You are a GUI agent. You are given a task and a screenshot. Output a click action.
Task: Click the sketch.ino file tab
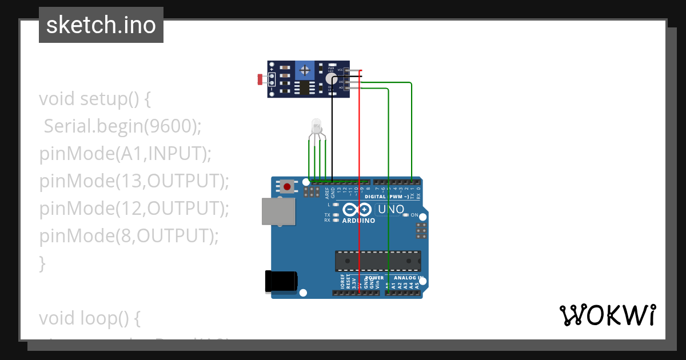pyautogui.click(x=101, y=25)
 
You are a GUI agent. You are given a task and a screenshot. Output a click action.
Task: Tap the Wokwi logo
pyautogui.click(x=607, y=315)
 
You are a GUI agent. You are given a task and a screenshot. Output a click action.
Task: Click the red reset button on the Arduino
pyautogui.click(x=287, y=186)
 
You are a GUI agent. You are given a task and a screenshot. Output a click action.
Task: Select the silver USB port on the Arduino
pyautogui.click(x=279, y=211)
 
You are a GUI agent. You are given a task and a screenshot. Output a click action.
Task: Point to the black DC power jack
pyautogui.click(x=281, y=282)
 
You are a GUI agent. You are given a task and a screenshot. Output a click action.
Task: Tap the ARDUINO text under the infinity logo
pyautogui.click(x=358, y=221)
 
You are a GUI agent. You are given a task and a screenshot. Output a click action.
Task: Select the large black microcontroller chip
pyautogui.click(x=378, y=261)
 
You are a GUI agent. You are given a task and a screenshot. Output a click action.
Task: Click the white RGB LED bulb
pyautogui.click(x=316, y=126)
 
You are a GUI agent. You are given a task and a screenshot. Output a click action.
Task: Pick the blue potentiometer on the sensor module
pyautogui.click(x=305, y=71)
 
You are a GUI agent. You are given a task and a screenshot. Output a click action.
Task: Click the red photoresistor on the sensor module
pyautogui.click(x=261, y=79)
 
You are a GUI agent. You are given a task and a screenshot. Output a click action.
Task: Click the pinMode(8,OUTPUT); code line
pyautogui.click(x=129, y=235)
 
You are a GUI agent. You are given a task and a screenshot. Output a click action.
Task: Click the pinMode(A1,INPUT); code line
pyautogui.click(x=125, y=154)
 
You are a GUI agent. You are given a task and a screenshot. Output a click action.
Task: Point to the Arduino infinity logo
pyautogui.click(x=358, y=210)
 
